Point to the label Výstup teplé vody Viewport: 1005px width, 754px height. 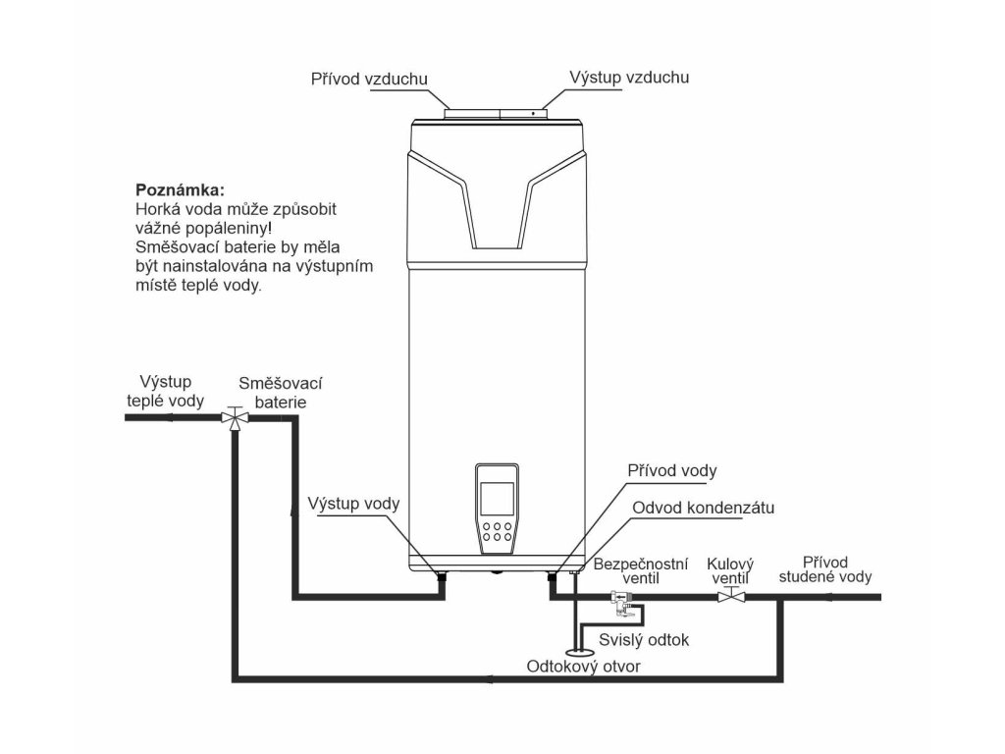166,391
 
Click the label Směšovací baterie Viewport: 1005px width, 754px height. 282,392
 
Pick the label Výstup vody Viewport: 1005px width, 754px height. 353,504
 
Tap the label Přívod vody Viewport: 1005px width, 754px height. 672,471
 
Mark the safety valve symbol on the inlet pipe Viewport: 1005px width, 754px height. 620,600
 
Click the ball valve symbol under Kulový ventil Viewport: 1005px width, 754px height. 730,596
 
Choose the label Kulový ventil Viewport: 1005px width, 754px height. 730,571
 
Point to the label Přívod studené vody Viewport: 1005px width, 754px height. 824,569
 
